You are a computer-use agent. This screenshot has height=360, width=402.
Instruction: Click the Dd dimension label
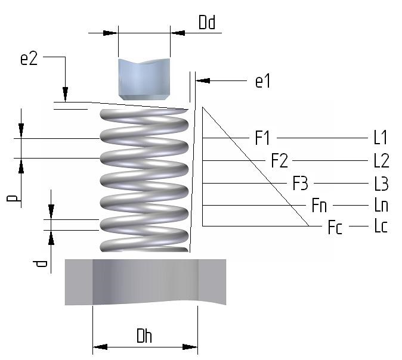[207, 23]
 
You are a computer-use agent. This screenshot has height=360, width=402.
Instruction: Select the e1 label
[262, 81]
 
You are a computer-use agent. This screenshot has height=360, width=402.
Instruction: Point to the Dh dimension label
[144, 336]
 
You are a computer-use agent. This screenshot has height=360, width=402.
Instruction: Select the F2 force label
[279, 161]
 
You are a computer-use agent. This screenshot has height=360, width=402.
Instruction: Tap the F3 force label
[301, 184]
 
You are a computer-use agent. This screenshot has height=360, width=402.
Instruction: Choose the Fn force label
[319, 206]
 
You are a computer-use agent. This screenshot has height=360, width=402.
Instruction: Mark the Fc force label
[335, 228]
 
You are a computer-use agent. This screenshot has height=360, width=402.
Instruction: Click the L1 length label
[380, 138]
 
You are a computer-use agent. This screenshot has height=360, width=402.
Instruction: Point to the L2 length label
[381, 161]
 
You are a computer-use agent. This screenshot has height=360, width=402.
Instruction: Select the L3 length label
[381, 184]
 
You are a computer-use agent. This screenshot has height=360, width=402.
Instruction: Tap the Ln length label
[381, 206]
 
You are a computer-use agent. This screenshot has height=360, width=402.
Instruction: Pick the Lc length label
[381, 228]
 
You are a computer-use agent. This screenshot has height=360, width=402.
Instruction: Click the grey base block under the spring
[145, 281]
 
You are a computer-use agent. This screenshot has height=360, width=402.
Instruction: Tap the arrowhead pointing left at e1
[200, 80]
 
